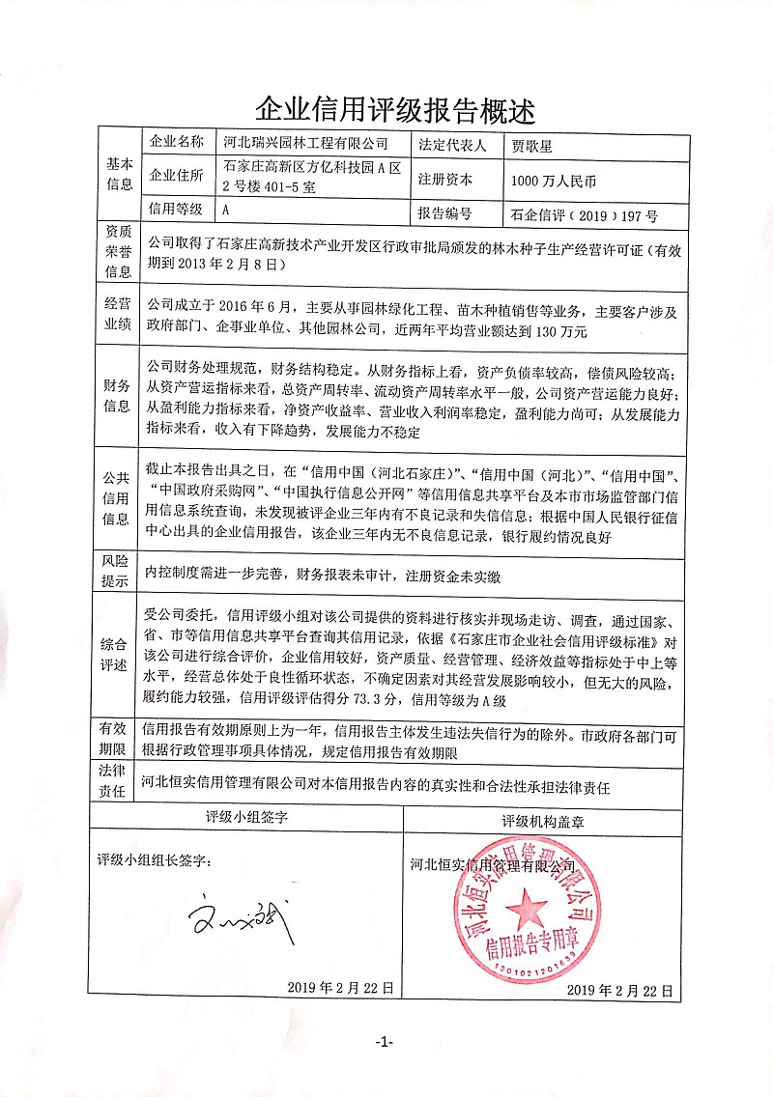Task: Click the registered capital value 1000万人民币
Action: (555, 180)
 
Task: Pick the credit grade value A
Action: (226, 209)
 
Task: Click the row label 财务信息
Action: (119, 397)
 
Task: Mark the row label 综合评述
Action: (119, 654)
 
